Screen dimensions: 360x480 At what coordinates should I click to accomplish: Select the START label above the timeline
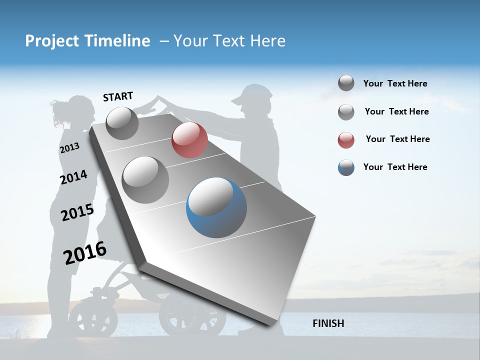point(118,96)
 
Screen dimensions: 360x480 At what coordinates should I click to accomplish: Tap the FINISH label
point(328,323)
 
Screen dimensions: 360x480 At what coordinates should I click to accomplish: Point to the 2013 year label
point(69,148)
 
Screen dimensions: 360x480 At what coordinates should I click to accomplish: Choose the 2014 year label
point(73,177)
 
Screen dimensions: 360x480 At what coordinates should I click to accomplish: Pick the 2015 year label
point(77,212)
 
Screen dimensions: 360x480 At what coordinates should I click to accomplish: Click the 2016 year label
point(85,253)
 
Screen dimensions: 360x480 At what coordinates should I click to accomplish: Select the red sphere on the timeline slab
point(189,140)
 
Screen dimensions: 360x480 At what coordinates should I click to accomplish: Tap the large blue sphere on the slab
point(216,207)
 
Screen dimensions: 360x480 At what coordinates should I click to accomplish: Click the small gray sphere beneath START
point(122,123)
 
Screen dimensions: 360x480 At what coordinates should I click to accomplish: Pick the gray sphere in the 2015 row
point(145,179)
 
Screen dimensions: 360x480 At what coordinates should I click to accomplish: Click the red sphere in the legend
point(346,140)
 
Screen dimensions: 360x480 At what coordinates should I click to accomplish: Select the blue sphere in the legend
point(346,167)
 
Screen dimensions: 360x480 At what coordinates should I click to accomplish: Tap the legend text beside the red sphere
point(397,139)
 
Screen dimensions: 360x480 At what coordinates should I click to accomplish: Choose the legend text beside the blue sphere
point(395,167)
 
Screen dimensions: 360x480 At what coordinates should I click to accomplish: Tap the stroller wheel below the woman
point(90,316)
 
